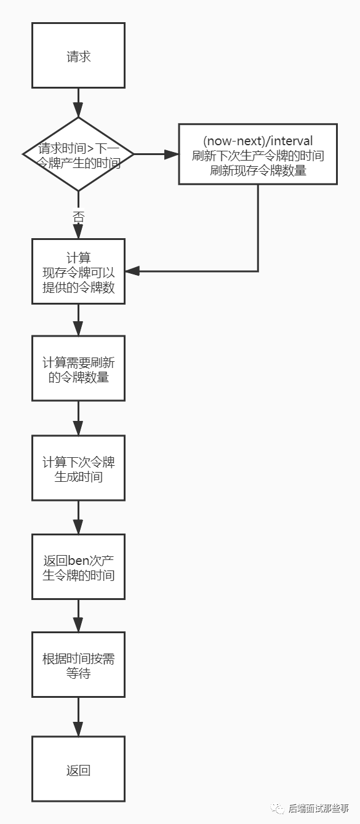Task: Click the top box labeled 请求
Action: [78, 55]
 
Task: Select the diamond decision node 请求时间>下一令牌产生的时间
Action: [78, 154]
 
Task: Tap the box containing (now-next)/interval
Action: [258, 154]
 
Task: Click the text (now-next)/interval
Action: [258, 141]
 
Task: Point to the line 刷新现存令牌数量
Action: [258, 170]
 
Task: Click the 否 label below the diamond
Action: [78, 217]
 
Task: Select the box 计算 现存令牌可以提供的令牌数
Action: [78, 271]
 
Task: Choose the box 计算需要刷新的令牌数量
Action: [78, 368]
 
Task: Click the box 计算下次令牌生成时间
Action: [78, 468]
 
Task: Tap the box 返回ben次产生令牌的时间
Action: [78, 567]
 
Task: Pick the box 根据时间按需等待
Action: [78, 665]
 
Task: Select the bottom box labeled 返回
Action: [78, 769]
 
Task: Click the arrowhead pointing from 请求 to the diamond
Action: [78, 110]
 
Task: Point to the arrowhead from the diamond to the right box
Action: [171, 154]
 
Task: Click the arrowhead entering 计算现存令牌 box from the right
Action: [132, 271]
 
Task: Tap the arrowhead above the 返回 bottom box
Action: [78, 729]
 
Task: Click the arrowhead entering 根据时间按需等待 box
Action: [78, 625]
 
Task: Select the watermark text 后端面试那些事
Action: [318, 808]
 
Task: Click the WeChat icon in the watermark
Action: [278, 808]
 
